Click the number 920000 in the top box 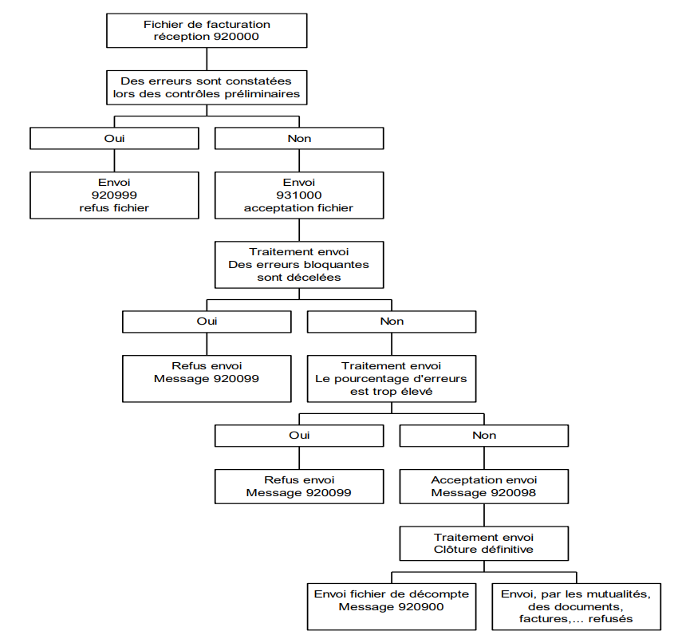236,37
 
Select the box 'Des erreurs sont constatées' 207,88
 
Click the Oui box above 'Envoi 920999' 114,139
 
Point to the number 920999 114,195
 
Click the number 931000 299,195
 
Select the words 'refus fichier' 114,208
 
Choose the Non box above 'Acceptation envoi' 484,436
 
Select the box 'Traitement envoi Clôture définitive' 484,543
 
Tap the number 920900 421,607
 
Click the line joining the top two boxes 207,59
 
